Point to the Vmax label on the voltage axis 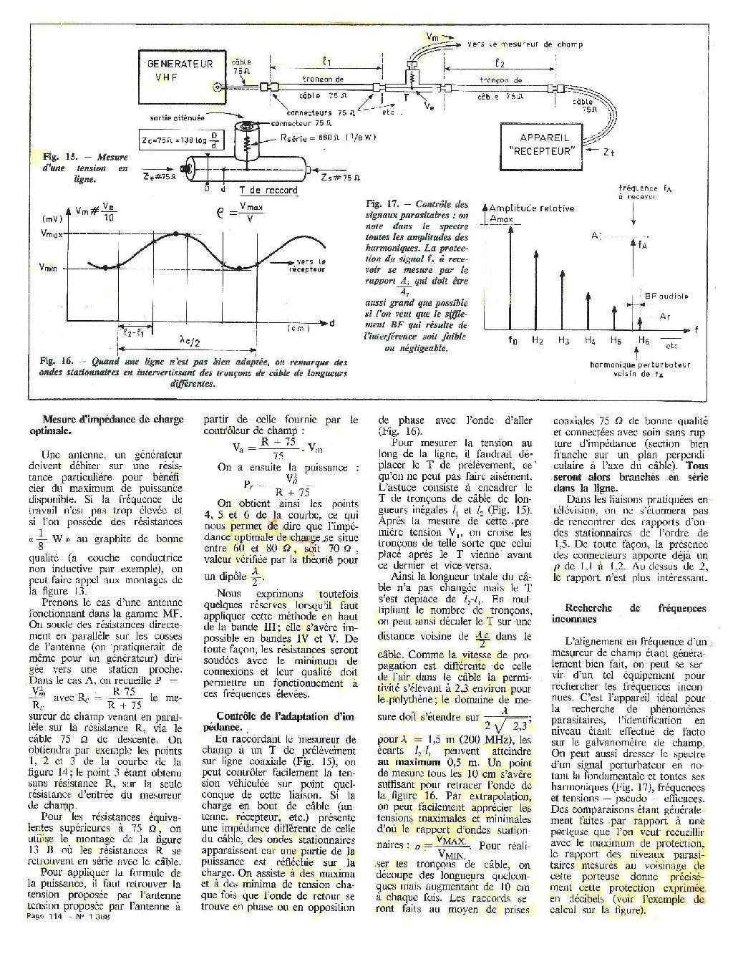point(52,234)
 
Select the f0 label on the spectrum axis point(511,341)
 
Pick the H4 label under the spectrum point(588,341)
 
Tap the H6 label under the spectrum point(644,341)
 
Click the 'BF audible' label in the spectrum point(666,295)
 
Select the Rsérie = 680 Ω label point(316,138)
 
